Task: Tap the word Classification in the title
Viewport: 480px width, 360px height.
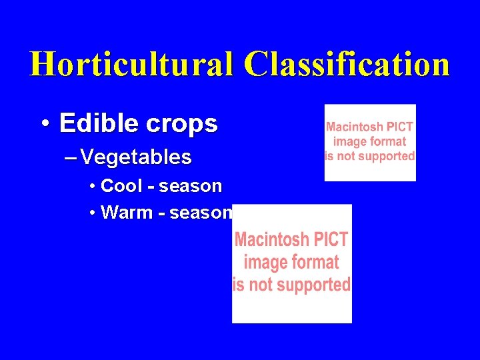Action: tap(347, 64)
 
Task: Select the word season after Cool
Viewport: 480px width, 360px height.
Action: tap(190, 186)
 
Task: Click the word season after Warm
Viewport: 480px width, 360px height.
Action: tap(201, 213)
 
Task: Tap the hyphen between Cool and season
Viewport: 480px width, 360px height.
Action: tap(151, 187)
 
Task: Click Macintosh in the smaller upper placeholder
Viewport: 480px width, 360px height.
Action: tap(355, 127)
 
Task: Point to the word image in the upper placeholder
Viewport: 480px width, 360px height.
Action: tap(349, 141)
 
